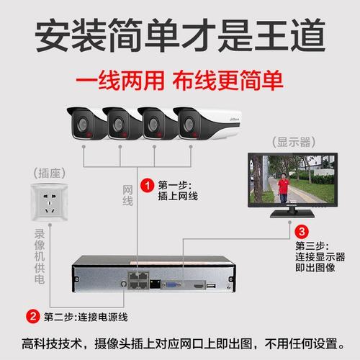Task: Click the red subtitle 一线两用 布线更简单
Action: coord(180,78)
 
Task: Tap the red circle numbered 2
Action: coord(32,315)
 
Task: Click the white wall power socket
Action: coord(48,204)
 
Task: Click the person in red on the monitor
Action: coord(283,189)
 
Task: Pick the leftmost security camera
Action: coord(85,122)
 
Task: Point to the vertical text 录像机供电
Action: coord(40,255)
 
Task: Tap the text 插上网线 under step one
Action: coord(178,195)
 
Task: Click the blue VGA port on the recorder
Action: coord(173,284)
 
